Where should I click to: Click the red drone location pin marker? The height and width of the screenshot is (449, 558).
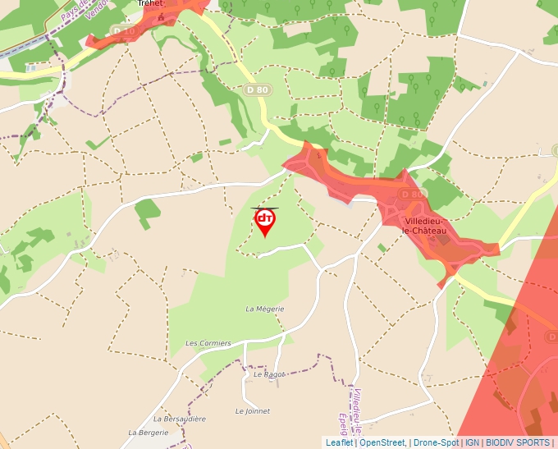click(x=265, y=221)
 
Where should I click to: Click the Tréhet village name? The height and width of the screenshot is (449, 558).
click(x=151, y=3)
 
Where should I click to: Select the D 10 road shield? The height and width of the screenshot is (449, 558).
click(x=124, y=31)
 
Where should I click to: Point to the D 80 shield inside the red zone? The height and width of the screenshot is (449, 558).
click(x=413, y=194)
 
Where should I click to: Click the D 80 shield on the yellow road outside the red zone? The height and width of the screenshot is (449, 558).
click(x=256, y=89)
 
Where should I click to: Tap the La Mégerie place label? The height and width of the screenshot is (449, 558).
click(x=265, y=309)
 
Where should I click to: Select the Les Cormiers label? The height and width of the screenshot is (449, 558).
click(x=208, y=343)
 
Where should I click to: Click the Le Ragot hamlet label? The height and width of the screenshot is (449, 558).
click(x=268, y=374)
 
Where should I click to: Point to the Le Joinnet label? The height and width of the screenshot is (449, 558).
click(x=253, y=411)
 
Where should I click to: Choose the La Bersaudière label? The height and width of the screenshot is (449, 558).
click(x=179, y=419)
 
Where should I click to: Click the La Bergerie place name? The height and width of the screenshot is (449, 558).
click(x=148, y=432)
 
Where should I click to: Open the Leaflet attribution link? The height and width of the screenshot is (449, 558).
click(x=339, y=442)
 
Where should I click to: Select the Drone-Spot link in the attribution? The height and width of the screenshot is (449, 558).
click(x=436, y=442)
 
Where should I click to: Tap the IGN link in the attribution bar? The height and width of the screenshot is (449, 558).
click(x=472, y=442)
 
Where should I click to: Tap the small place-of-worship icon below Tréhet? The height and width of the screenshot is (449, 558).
click(x=162, y=16)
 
